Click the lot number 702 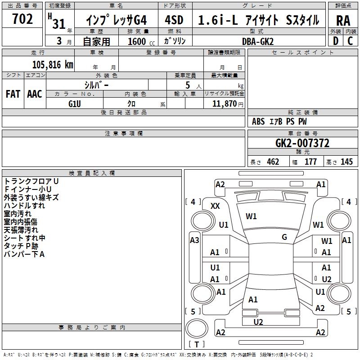point(22,19)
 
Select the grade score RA point(343,21)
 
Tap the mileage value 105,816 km point(53,65)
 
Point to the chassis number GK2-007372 point(302,143)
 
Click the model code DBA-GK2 point(258,41)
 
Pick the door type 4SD point(174,20)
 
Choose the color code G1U point(75,104)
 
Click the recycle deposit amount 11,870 point(224,104)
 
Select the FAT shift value point(13,94)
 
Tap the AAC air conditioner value point(35,94)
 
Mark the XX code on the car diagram point(215,206)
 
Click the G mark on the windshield point(284,237)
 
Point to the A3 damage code point(194,240)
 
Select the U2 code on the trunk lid point(258,322)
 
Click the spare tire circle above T point(197,328)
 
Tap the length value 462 point(273,162)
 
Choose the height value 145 point(346,162)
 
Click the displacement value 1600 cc point(141,41)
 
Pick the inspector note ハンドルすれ point(24,206)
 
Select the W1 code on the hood point(251,216)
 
